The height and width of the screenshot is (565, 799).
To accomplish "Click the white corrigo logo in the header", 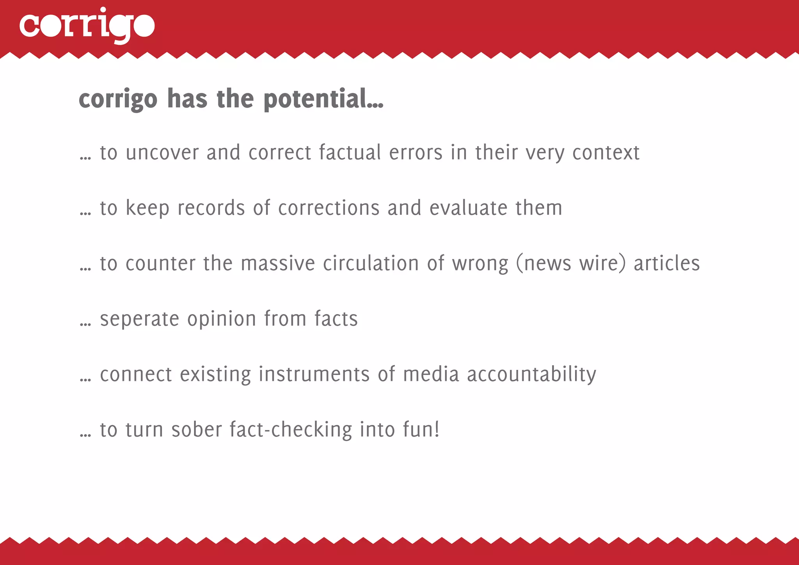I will pos(87,26).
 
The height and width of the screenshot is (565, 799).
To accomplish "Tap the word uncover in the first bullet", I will pos(162,152).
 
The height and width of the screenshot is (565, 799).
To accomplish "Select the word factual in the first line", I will pos(350,152).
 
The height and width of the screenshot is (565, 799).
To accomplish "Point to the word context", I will pos(606,152).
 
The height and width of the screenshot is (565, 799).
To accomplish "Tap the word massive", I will pos(278,263).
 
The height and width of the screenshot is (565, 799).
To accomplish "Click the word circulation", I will pos(371,263).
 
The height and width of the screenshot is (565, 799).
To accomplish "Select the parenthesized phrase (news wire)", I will pos(571,263).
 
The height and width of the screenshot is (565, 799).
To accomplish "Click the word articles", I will pos(667,263).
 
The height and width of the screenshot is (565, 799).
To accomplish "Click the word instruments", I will pos(314,374).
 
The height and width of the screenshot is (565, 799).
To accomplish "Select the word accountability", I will pos(531,374).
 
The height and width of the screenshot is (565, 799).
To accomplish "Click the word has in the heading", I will pos(187,99).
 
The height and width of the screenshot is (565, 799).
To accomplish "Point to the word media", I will pos(431,374).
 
